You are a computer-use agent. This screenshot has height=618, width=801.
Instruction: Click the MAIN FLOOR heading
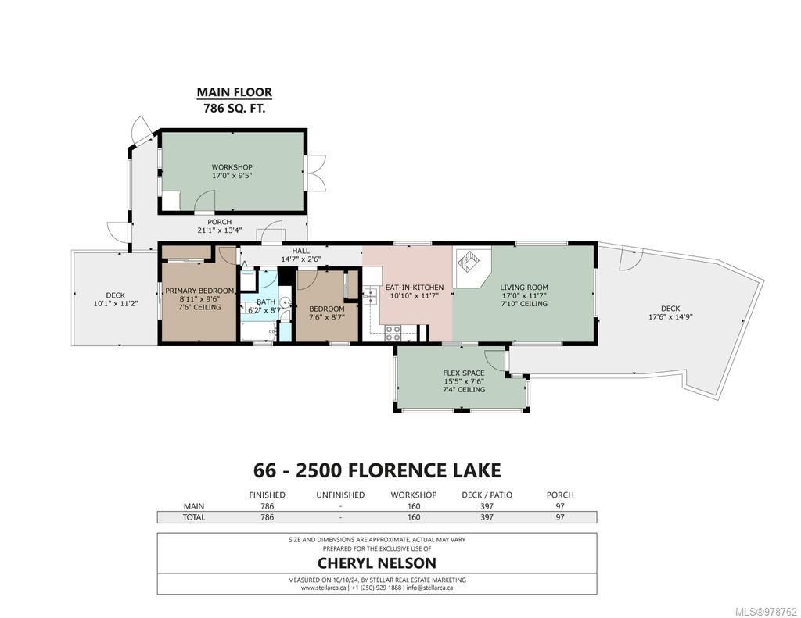(235, 92)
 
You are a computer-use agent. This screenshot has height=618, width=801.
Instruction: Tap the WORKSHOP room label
(232, 167)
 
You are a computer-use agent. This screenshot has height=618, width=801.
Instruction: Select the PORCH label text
(220, 222)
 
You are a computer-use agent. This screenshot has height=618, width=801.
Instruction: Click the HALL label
(301, 251)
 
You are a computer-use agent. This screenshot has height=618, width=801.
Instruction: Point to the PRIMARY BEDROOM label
(199, 291)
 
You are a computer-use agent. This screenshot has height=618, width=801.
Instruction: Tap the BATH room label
(266, 302)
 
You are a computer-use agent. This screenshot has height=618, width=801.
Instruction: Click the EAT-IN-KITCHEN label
(415, 288)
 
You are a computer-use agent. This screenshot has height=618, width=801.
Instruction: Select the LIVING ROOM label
(524, 288)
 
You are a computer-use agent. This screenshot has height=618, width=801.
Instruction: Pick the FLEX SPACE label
(464, 373)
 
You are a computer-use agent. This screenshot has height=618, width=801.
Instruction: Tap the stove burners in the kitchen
(393, 333)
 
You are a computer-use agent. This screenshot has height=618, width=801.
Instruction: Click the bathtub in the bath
(258, 332)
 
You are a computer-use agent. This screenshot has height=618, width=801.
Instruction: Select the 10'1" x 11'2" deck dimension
(116, 304)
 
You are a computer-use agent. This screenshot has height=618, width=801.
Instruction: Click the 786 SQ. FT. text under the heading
(235, 108)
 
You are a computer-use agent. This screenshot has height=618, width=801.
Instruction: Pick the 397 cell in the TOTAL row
(487, 517)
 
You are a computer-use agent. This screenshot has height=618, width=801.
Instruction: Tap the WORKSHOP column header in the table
(414, 495)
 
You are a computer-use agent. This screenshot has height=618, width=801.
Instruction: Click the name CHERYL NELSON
(377, 563)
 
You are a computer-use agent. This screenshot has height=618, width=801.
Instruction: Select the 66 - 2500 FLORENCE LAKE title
(377, 470)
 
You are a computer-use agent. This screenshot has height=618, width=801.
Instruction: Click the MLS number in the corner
(766, 612)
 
